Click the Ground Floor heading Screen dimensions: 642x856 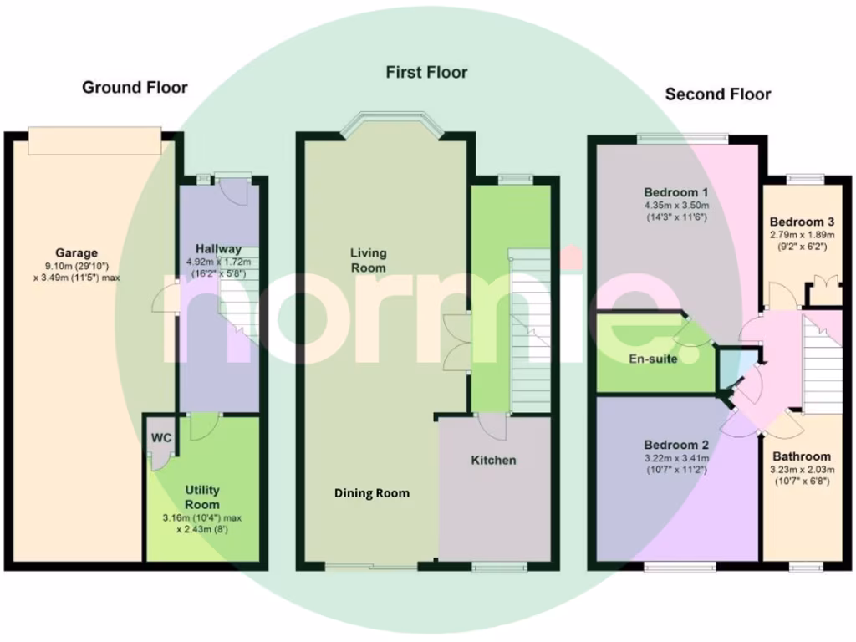(x=135, y=88)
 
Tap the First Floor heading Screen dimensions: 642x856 (x=426, y=73)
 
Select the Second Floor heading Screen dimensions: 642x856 (x=718, y=94)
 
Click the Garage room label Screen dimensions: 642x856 (x=77, y=252)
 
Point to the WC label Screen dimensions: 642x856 (x=160, y=438)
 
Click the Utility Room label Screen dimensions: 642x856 (x=202, y=497)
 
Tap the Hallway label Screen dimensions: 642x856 (x=218, y=248)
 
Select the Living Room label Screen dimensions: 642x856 (x=368, y=260)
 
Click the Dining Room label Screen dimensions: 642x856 (x=372, y=493)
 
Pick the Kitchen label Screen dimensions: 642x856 (x=493, y=461)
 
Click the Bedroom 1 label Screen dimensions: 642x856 (x=676, y=191)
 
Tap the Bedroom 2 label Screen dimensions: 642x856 (x=676, y=445)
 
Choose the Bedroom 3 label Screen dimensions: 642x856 (x=802, y=222)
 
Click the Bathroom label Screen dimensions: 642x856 (x=802, y=456)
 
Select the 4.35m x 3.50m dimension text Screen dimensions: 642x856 (x=676, y=206)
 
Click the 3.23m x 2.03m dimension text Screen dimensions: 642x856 (x=802, y=470)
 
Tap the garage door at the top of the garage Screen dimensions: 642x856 (x=94, y=140)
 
